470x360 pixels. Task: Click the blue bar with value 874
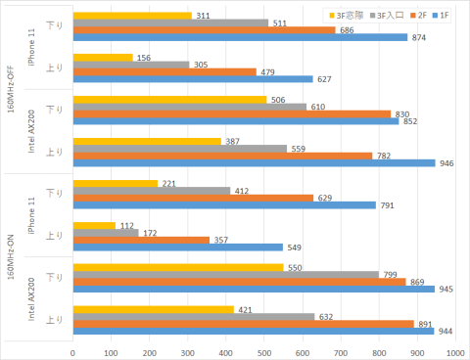pyautogui.click(x=240, y=37)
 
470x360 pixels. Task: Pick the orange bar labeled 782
pyautogui.click(x=222, y=156)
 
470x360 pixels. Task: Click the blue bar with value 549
pyautogui.click(x=177, y=247)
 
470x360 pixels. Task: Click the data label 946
pyautogui.click(x=446, y=163)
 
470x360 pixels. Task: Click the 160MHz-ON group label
pyautogui.click(x=10, y=258)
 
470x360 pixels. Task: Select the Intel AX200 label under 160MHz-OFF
pyautogui.click(x=32, y=133)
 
